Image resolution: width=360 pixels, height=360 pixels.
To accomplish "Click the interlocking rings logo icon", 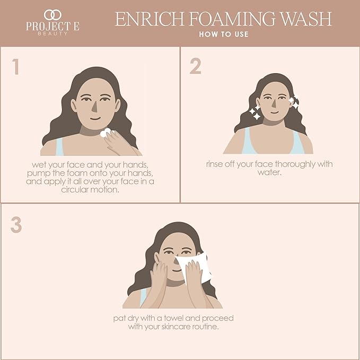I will point(52,14).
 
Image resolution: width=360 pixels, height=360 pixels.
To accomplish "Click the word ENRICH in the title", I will point(144,19).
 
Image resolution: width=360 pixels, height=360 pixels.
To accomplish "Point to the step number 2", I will point(195,66).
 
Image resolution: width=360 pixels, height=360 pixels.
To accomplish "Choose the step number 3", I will point(16,225).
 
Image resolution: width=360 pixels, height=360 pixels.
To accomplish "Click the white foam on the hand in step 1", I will point(106,133).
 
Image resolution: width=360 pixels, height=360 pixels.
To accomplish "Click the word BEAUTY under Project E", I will point(52,33).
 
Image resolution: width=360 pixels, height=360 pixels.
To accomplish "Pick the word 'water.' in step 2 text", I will point(269,172).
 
